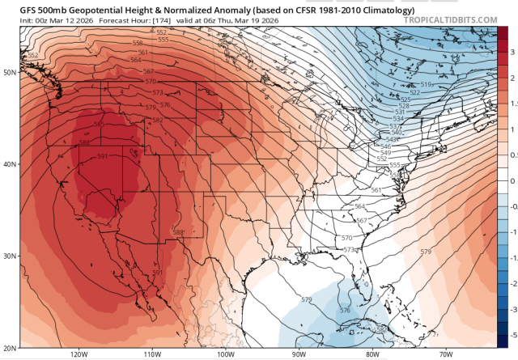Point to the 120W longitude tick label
(79, 354)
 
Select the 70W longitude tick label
(444, 354)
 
